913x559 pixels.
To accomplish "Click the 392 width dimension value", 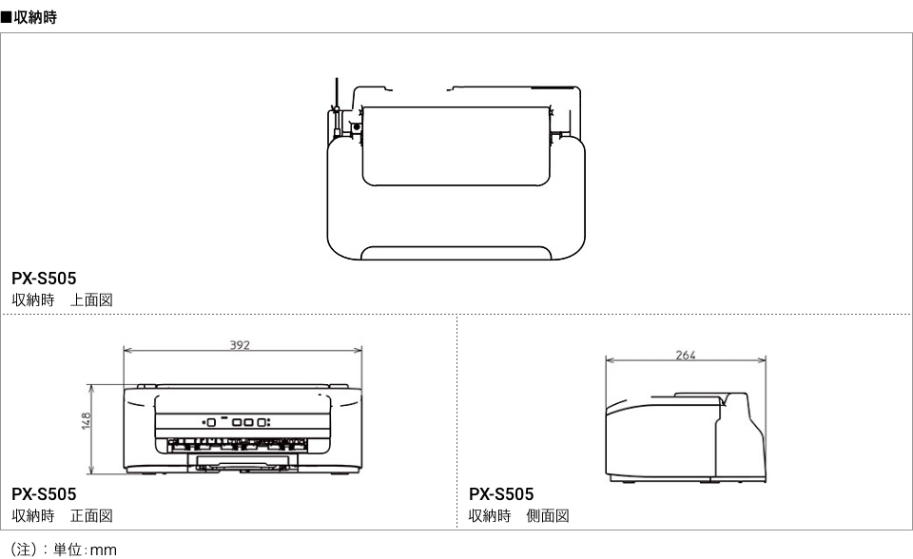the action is [240, 345].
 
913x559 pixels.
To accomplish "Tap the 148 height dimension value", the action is [87, 421].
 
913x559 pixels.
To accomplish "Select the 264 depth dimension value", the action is [686, 355].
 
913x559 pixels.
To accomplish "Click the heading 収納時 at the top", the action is [35, 17].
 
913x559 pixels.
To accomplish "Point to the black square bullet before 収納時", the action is [6, 17].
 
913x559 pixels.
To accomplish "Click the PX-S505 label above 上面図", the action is [44, 279].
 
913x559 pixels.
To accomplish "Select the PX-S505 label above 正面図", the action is [44, 494].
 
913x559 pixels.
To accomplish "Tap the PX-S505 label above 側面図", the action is [501, 494].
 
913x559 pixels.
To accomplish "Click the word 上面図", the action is [91, 299].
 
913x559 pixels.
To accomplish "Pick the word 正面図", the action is [91, 516].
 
